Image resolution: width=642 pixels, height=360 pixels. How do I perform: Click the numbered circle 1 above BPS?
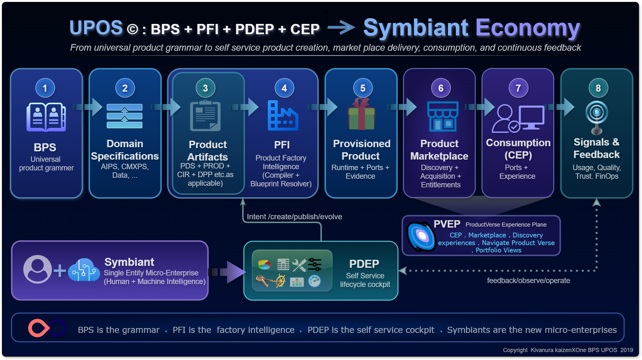tap(45, 88)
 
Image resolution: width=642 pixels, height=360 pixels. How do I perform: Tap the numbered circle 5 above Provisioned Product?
tap(363, 88)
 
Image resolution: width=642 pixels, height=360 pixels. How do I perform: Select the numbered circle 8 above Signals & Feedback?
tap(598, 88)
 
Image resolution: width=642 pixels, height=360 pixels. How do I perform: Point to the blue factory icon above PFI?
tap(283, 116)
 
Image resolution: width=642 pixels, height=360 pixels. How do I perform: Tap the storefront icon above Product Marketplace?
tap(443, 116)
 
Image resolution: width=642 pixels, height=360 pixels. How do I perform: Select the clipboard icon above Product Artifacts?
tap(205, 116)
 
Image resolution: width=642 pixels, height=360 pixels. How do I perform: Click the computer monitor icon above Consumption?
tap(531, 117)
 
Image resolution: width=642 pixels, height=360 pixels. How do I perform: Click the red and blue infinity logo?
tap(47, 328)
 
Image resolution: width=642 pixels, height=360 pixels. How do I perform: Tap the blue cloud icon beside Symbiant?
tap(84, 270)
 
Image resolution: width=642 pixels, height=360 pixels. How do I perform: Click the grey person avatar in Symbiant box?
tap(37, 269)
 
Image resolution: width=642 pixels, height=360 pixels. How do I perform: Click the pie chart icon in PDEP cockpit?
tap(265, 265)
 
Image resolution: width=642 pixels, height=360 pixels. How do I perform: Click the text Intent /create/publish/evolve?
tap(294, 217)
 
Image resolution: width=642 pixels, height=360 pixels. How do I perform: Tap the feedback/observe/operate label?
tap(528, 281)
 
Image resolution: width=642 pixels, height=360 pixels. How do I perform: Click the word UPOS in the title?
tap(96, 27)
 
